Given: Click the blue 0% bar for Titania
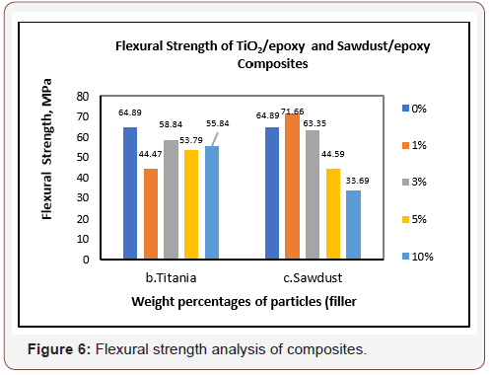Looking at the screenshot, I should [130, 193].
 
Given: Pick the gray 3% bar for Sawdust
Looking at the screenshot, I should [313, 194].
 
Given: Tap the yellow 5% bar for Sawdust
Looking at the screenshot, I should [333, 214].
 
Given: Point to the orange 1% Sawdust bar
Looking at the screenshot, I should [292, 187].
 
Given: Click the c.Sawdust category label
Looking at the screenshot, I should [313, 277].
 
